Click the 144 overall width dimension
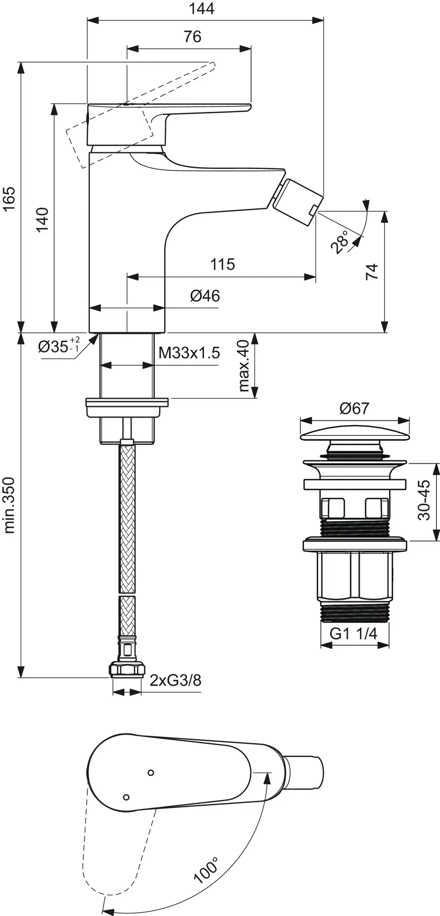[201, 9]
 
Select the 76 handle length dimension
[192, 37]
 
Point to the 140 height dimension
[42, 219]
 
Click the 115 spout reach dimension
[222, 264]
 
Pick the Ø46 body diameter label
[205, 296]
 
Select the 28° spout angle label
[340, 242]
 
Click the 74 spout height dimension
[372, 272]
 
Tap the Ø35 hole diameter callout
[58, 346]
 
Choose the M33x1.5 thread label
[189, 353]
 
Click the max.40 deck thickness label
[243, 366]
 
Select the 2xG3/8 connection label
[175, 680]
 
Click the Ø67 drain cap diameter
[354, 408]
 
